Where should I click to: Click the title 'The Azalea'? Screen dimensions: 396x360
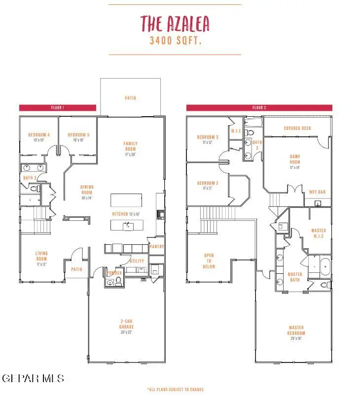(175, 23)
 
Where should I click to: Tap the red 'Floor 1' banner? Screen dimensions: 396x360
(58, 107)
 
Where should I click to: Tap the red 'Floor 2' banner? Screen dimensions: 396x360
(259, 107)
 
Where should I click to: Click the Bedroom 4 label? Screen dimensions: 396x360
(38, 137)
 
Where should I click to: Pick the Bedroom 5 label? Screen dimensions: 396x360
(78, 137)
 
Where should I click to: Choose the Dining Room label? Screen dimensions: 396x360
(87, 190)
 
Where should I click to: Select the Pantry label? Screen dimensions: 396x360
(157, 247)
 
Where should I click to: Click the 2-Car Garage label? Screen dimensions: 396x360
(126, 326)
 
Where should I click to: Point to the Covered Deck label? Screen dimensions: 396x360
(297, 129)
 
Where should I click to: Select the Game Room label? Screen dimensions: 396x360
(294, 162)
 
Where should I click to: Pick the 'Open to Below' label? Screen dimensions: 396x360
(209, 261)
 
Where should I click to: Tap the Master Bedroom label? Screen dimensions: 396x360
(296, 332)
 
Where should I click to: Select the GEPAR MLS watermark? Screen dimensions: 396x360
(33, 378)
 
